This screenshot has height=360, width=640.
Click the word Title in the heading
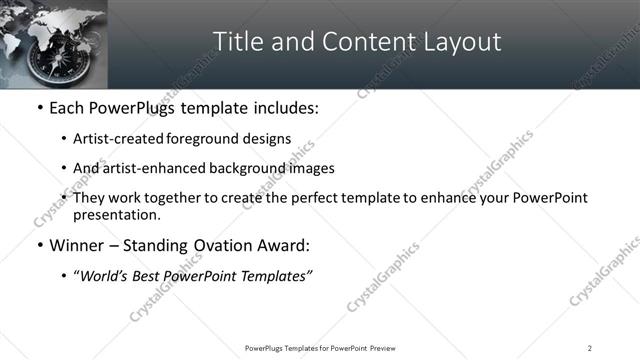pos(239,42)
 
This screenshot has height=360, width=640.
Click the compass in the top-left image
pos(47,60)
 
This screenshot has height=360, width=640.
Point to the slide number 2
pos(590,348)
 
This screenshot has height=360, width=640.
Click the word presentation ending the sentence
pos(115,214)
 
